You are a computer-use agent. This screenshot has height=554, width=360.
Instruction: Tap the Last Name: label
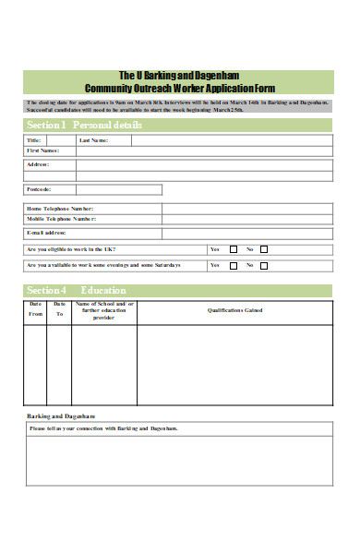click(94, 140)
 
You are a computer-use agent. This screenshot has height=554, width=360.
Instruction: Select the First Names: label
click(43, 151)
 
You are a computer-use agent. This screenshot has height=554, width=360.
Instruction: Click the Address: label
click(39, 164)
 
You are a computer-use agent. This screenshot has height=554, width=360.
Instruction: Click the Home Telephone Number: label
click(60, 209)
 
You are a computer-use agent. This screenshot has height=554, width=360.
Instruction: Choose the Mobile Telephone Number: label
click(61, 219)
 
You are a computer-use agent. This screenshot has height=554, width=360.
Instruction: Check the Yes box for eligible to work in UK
click(234, 249)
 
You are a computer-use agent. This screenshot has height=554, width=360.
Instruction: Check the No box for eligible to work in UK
click(264, 249)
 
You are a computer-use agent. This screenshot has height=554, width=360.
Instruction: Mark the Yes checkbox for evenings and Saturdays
click(234, 266)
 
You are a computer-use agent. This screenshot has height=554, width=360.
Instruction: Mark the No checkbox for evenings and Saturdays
click(264, 266)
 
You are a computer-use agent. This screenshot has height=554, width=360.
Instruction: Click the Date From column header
click(36, 308)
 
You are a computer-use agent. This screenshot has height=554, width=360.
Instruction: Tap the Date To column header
click(59, 308)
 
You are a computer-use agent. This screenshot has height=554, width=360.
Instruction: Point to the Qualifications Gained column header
click(234, 310)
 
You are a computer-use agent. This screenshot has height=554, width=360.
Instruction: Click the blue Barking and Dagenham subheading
click(60, 416)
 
